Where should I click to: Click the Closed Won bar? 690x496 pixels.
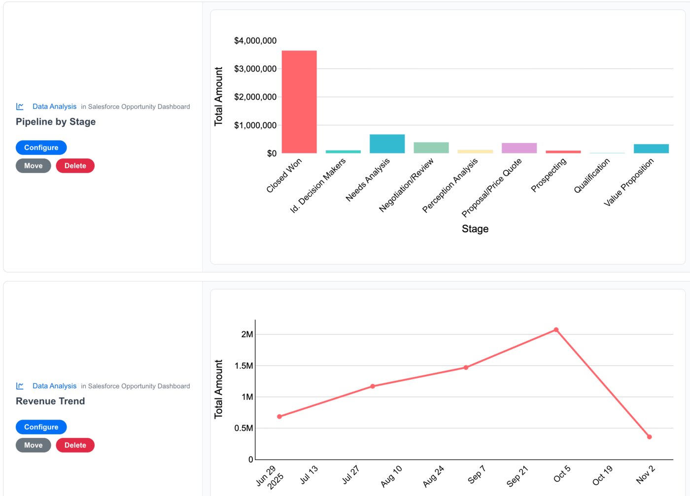click(299, 102)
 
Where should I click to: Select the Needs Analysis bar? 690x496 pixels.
click(387, 144)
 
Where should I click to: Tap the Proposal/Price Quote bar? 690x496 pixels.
click(519, 148)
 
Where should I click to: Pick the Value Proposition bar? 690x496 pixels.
click(651, 149)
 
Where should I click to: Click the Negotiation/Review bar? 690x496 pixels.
click(431, 148)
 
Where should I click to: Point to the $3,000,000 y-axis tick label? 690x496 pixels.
click(255, 69)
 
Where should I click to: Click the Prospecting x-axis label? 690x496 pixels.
click(549, 175)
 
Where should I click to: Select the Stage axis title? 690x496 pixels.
click(475, 229)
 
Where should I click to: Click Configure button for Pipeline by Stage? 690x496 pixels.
click(41, 147)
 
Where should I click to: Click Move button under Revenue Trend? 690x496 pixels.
click(34, 445)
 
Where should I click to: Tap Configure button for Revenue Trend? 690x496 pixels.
click(41, 427)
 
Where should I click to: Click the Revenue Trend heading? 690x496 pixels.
click(50, 401)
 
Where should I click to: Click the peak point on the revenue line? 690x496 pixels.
click(556, 330)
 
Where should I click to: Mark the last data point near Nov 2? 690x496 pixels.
click(649, 437)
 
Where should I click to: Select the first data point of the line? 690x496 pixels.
click(279, 417)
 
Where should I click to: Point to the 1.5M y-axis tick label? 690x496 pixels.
click(244, 366)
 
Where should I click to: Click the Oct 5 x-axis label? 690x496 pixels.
click(562, 474)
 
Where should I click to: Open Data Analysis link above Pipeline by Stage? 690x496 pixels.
click(54, 106)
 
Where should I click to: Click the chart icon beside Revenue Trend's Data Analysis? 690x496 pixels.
click(20, 386)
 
